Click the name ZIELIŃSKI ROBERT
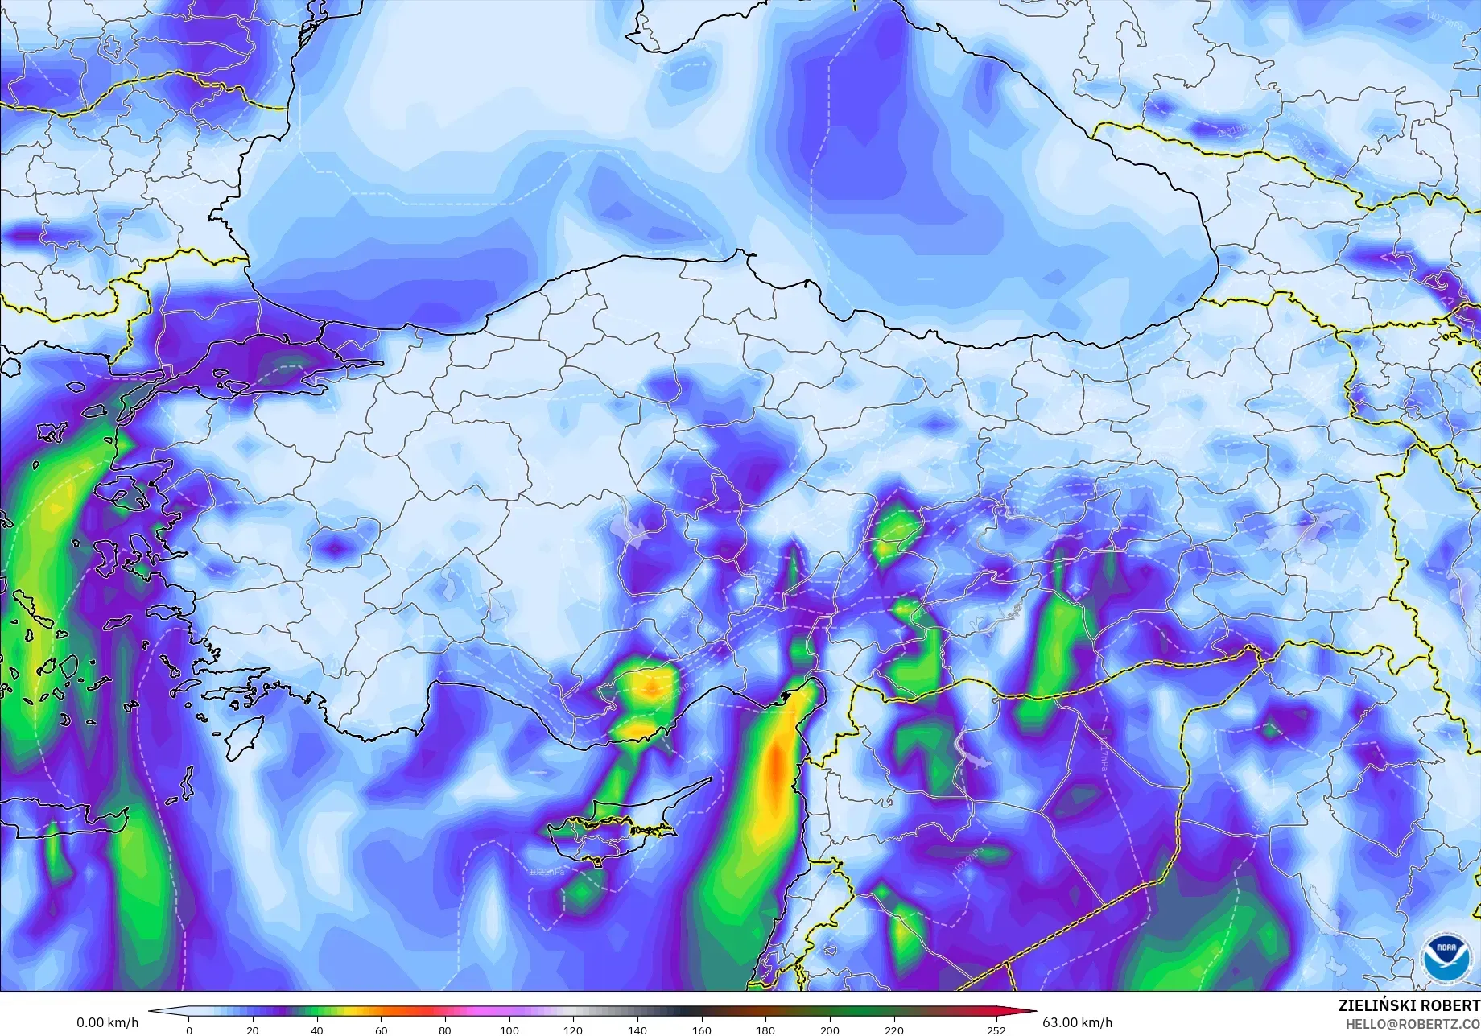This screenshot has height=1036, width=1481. click(1409, 1005)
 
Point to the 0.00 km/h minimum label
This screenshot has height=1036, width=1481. click(108, 1022)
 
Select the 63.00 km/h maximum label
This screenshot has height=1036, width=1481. click(1077, 1022)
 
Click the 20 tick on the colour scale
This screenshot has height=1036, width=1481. click(253, 1030)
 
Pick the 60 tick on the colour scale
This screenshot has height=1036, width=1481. click(381, 1030)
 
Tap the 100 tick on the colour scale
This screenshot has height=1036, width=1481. click(509, 1030)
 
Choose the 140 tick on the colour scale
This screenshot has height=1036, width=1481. click(637, 1030)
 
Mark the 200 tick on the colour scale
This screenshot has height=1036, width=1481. click(829, 1030)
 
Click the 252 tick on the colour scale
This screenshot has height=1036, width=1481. click(996, 1030)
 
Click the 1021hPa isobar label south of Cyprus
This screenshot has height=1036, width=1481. click(547, 871)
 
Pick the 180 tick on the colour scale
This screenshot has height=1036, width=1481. click(765, 1030)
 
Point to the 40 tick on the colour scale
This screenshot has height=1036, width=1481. click(317, 1030)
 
